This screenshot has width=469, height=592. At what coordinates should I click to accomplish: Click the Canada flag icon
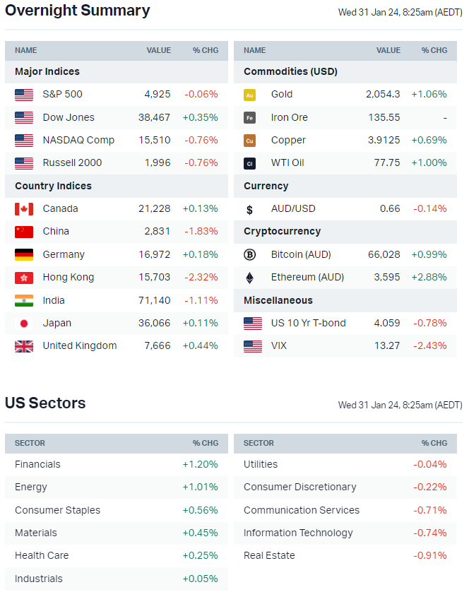click(x=24, y=208)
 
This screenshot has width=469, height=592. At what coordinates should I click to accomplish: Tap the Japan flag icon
click(x=24, y=323)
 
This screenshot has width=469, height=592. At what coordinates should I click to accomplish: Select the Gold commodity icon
click(x=249, y=95)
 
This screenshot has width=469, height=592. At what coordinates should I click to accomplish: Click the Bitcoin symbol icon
click(x=249, y=254)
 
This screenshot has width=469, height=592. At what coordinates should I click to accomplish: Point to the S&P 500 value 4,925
click(x=158, y=94)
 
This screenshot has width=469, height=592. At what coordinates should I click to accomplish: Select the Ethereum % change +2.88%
click(x=429, y=277)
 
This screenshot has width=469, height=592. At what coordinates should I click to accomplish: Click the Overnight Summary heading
click(x=78, y=11)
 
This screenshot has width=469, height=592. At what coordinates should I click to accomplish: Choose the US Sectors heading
click(x=45, y=403)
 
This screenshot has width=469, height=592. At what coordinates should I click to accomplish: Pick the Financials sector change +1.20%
click(x=200, y=464)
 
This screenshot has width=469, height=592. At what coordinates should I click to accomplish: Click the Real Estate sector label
click(x=269, y=555)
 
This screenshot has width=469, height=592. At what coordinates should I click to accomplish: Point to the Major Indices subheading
click(x=47, y=71)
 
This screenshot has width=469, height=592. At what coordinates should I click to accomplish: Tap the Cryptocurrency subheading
click(x=282, y=231)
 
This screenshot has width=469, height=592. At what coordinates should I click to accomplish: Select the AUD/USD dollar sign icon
click(x=249, y=209)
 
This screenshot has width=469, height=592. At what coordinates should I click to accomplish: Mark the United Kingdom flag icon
click(x=24, y=346)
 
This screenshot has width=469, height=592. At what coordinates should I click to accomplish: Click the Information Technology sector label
click(x=298, y=533)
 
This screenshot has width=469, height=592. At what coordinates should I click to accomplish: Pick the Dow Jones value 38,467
click(x=155, y=117)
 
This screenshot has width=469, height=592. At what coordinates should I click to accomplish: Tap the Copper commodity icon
click(x=249, y=141)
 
